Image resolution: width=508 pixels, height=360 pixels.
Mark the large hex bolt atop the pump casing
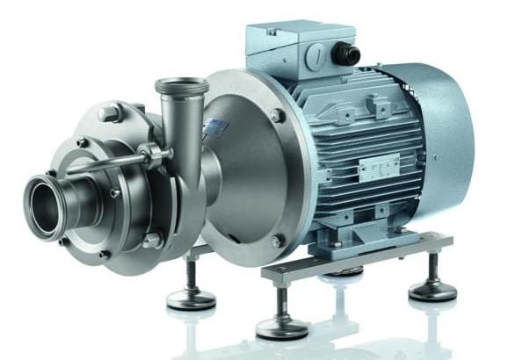111,112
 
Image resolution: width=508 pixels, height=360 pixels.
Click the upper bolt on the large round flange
279,116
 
